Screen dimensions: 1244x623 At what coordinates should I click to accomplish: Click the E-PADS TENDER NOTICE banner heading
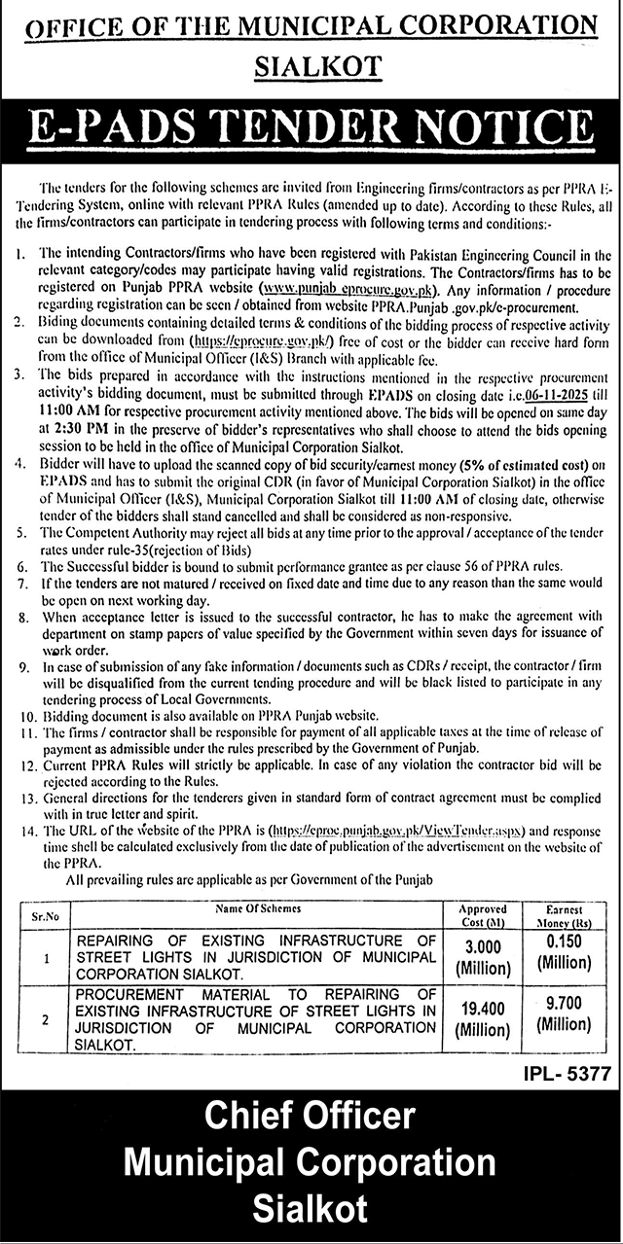[311, 125]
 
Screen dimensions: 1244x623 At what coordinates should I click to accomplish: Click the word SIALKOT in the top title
[317, 66]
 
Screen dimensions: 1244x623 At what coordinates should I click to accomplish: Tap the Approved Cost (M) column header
[484, 914]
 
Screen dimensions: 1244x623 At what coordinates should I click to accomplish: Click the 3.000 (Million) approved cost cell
[484, 958]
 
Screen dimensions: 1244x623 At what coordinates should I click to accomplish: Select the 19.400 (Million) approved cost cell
[484, 1019]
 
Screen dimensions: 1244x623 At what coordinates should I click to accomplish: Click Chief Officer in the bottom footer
[310, 1115]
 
